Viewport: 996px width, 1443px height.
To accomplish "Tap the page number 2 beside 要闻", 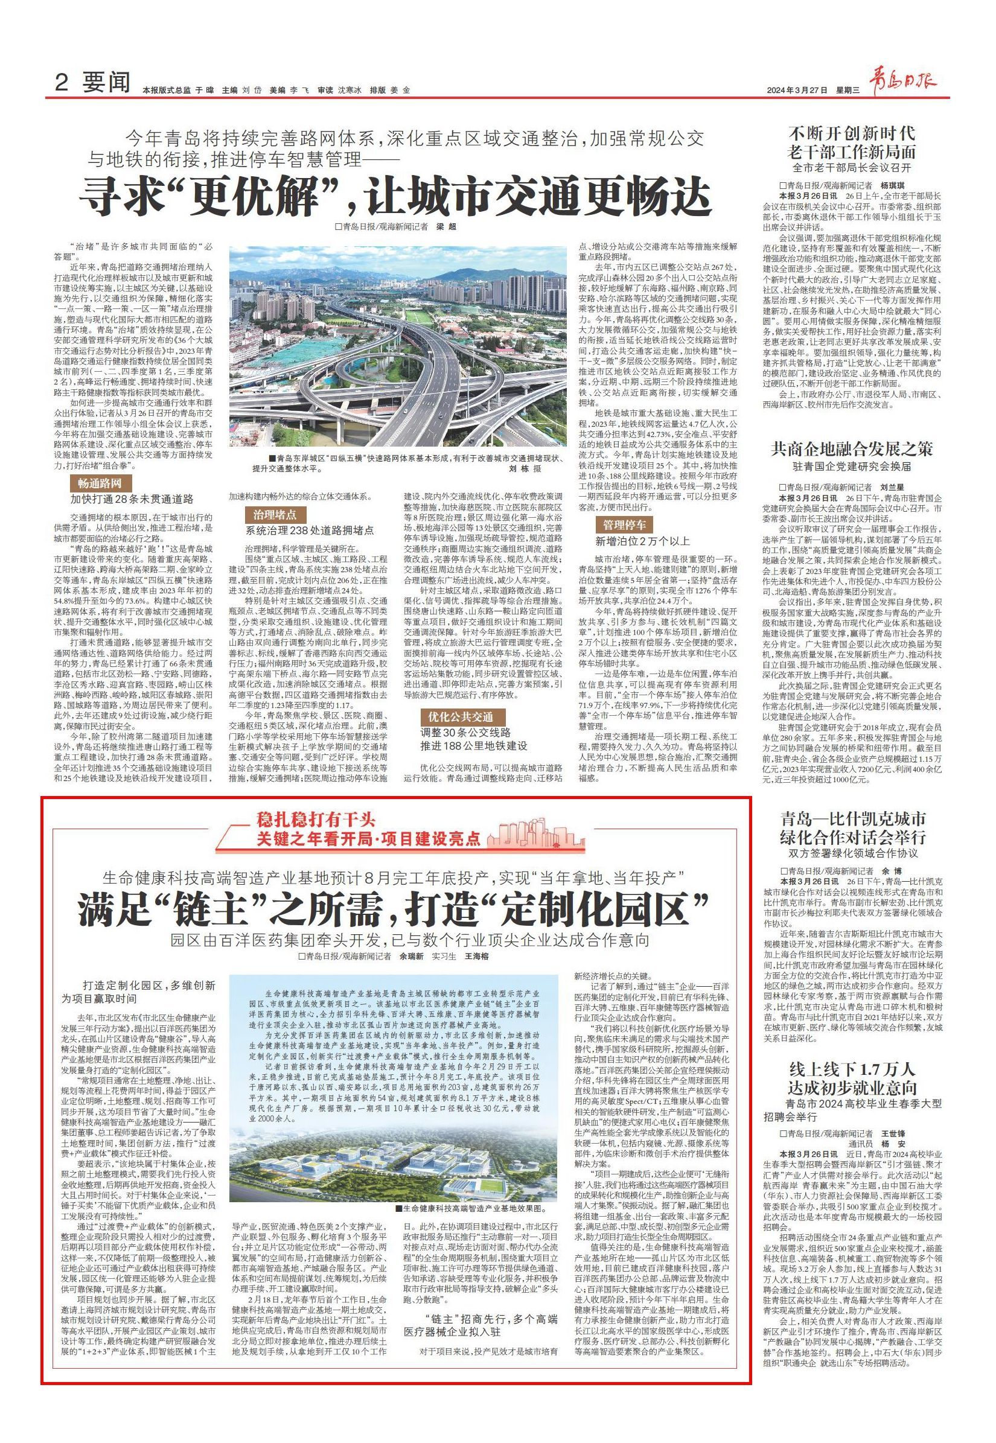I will [61, 84].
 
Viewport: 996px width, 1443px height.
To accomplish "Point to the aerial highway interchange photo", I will [397, 349].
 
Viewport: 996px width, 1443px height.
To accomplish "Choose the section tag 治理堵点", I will [270, 515].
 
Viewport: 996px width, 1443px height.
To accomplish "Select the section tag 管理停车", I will [624, 523].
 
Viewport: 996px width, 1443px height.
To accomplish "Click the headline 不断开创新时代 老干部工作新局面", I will [852, 142].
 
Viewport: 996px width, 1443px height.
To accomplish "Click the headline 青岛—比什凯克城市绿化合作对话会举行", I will [852, 827].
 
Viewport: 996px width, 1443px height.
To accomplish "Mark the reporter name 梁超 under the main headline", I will [442, 227].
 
